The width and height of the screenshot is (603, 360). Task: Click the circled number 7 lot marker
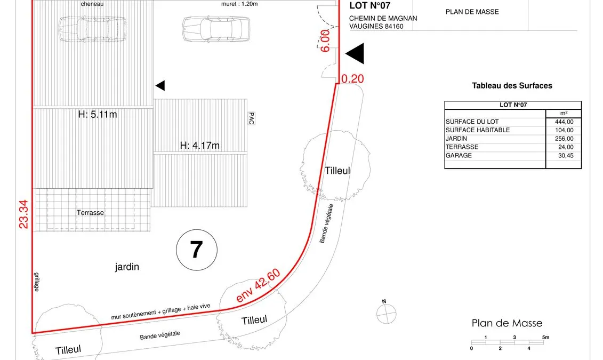(x=197, y=250)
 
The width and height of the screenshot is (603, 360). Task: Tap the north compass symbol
(x=386, y=313)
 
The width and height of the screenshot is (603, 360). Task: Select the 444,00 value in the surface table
(x=564, y=122)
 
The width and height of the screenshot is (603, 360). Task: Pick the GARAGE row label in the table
(x=459, y=155)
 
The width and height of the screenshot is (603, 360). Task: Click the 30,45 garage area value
(x=566, y=155)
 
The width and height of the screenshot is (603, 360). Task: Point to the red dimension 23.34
(x=23, y=214)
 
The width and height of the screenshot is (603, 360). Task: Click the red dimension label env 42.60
(x=258, y=285)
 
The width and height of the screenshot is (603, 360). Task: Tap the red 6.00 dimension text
(x=325, y=41)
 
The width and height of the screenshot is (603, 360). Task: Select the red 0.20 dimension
(x=352, y=78)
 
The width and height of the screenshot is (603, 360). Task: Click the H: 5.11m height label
(x=97, y=114)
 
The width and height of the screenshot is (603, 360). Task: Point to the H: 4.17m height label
(x=199, y=146)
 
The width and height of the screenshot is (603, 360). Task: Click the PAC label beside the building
(x=252, y=118)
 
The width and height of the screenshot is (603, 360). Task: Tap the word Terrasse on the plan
(x=90, y=213)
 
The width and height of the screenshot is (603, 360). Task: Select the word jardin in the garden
(x=127, y=267)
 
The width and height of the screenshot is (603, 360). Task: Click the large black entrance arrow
(x=355, y=53)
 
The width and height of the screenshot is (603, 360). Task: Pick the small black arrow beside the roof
(x=160, y=85)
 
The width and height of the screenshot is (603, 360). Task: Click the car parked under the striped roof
(x=92, y=29)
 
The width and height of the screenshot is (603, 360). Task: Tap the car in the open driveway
(x=216, y=29)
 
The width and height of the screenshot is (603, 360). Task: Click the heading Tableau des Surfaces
(x=512, y=86)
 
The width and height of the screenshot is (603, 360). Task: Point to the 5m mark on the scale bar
(x=545, y=337)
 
